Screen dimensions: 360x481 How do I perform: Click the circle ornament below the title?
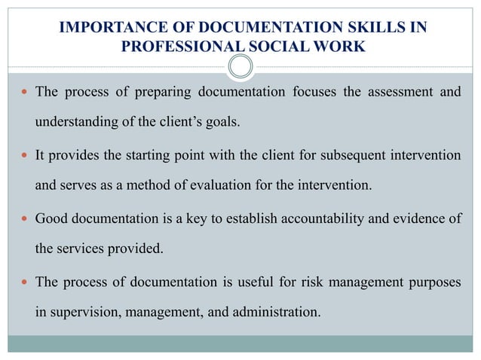point(240,69)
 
